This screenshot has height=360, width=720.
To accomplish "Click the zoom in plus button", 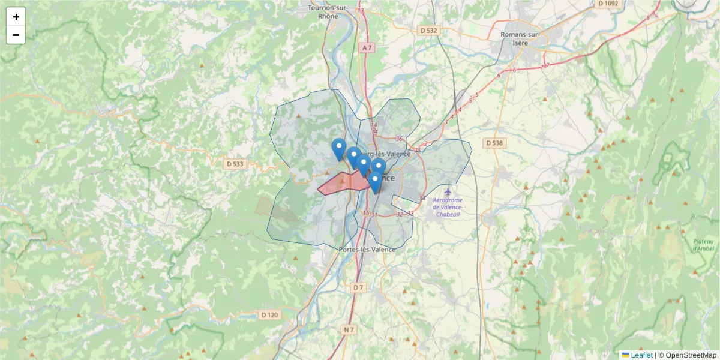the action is (16, 17).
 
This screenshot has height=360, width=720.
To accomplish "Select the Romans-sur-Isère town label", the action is (521, 38).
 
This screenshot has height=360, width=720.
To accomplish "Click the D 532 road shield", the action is (429, 30).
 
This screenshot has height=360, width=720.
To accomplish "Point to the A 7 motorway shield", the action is (367, 47).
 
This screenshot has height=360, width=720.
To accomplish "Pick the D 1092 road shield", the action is (608, 3).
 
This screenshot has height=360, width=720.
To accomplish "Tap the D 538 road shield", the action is (494, 143).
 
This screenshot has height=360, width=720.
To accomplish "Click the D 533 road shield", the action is (236, 163).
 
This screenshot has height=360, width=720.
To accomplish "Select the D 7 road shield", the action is (358, 287).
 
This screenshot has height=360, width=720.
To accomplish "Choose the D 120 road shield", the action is (270, 314).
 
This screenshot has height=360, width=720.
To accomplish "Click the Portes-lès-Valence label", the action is (367, 249).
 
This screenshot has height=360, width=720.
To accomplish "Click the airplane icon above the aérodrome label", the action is (448, 191).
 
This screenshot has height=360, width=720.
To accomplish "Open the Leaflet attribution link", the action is (641, 355).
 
